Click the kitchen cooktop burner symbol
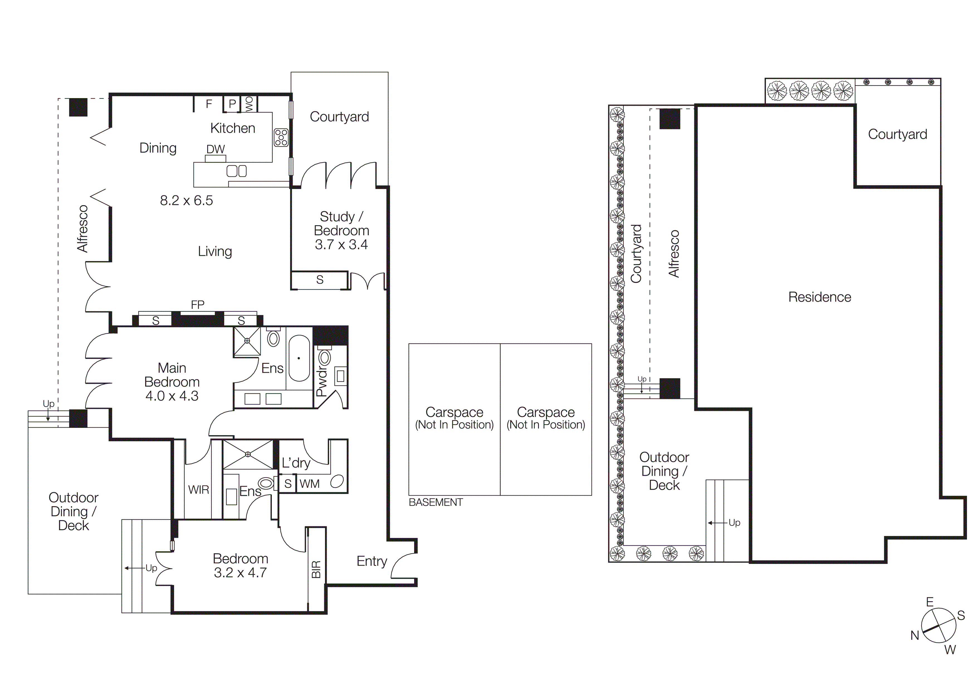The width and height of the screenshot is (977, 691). [281, 137]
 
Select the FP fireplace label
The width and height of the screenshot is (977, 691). [197, 305]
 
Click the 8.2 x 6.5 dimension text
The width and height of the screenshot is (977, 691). [186, 200]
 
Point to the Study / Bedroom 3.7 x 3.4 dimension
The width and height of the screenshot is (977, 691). [341, 245]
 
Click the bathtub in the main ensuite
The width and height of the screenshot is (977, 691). [299, 358]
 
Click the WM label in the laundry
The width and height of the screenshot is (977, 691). [309, 484]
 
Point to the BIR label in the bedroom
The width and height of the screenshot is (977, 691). [316, 569]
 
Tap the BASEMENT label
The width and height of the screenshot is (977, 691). [435, 502]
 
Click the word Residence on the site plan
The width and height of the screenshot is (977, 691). [820, 297]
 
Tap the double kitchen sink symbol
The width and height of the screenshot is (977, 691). [236, 171]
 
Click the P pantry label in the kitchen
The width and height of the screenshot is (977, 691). [232, 103]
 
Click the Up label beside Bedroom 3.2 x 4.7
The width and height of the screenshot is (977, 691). [151, 568]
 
